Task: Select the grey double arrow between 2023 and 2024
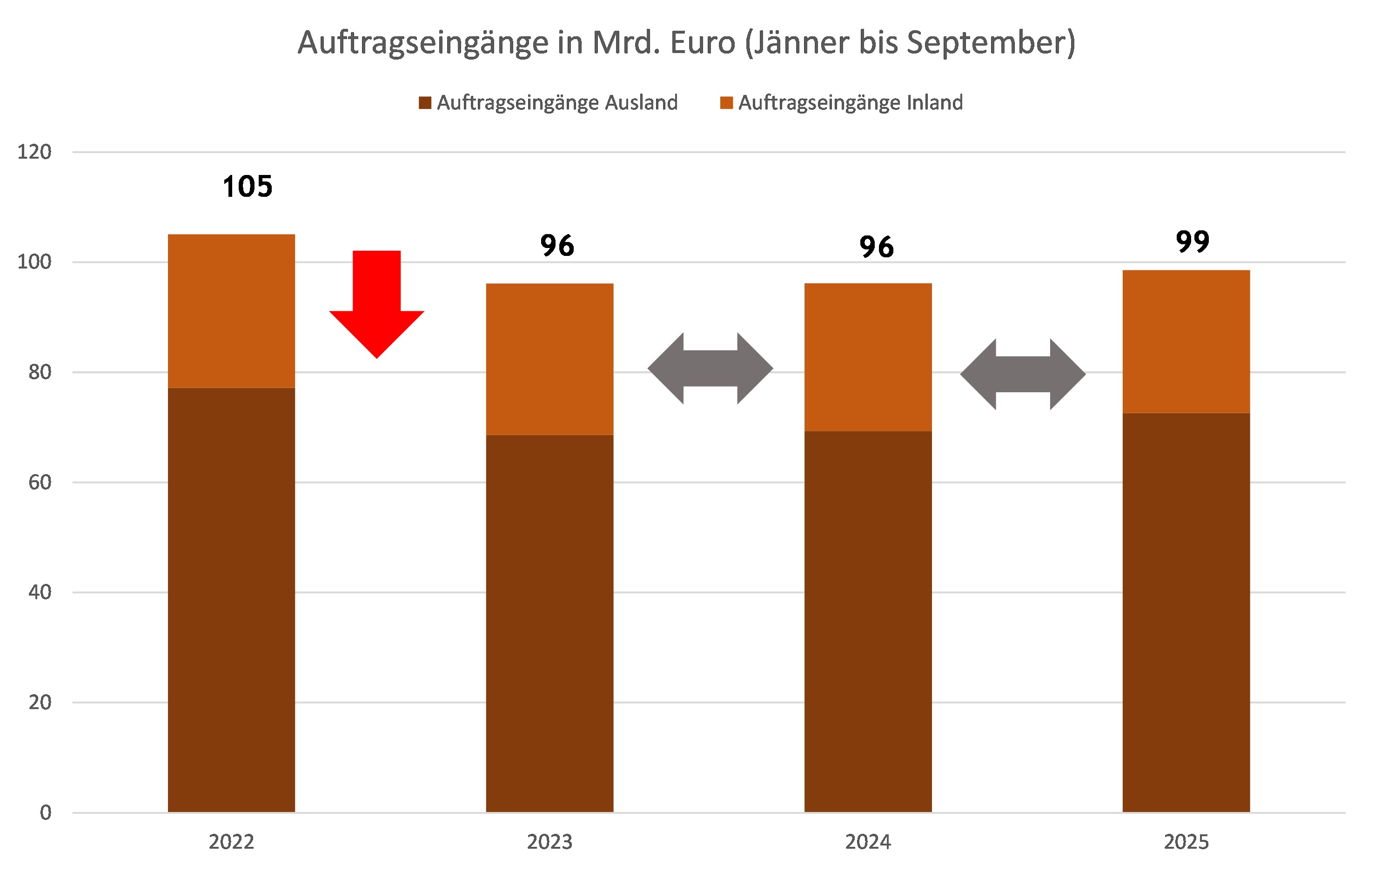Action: tap(710, 369)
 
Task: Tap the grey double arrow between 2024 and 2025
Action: tap(1023, 375)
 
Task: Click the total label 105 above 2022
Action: tap(248, 187)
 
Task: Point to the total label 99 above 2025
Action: tap(1193, 241)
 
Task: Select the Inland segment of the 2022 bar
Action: tap(231, 311)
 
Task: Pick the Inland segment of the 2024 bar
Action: tap(868, 357)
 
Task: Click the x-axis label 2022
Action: tap(231, 842)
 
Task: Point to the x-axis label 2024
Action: tap(868, 842)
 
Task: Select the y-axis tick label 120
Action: tap(34, 152)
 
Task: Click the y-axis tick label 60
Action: tap(40, 482)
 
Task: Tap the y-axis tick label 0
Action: tap(45, 812)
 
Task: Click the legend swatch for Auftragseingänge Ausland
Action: tap(424, 103)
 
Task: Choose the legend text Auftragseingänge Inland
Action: tap(850, 103)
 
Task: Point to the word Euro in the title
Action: tap(703, 43)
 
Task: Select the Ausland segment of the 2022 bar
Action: tap(231, 599)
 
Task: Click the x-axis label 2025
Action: tap(1186, 842)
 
